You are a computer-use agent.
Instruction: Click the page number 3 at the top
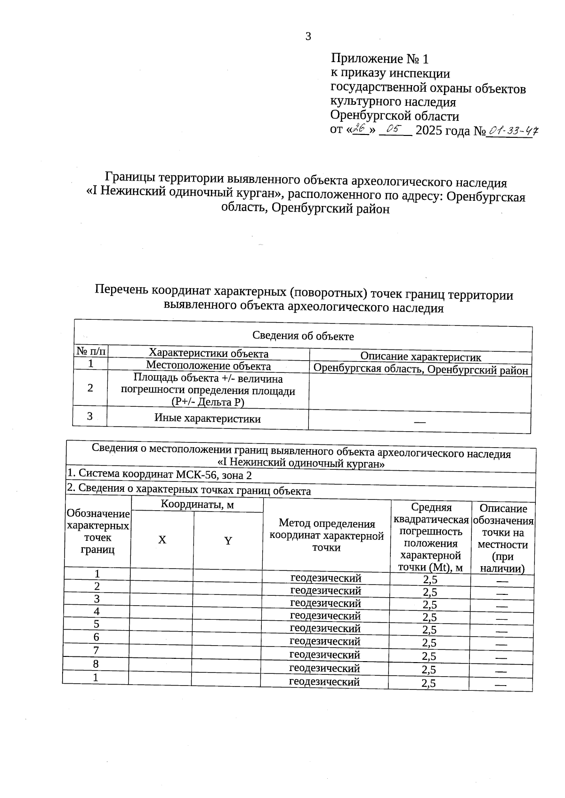click(x=308, y=37)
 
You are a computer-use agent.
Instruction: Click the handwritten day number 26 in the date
click(x=360, y=128)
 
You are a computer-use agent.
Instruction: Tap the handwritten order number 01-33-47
click(x=512, y=131)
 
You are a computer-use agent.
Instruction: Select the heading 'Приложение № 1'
click(x=380, y=59)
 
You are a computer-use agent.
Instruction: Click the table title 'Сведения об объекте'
click(x=303, y=336)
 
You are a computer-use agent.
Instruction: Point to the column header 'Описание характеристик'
click(x=420, y=357)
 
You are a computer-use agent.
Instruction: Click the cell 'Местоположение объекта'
click(x=208, y=365)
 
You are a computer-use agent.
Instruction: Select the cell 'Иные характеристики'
click(x=208, y=419)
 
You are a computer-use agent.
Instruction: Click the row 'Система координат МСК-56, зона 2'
click(x=160, y=475)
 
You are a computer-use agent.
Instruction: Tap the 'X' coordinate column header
click(x=162, y=540)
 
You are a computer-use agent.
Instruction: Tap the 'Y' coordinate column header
click(x=228, y=541)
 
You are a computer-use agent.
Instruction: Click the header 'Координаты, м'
click(x=197, y=505)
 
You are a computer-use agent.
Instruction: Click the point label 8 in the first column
click(x=96, y=664)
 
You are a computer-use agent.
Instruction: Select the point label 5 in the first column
click(x=97, y=624)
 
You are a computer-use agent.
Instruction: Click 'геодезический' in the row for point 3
click(x=325, y=603)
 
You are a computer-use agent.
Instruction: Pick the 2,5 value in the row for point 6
click(x=429, y=643)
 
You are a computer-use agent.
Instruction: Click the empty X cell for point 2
click(x=161, y=587)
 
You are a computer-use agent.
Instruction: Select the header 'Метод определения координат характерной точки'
click(x=326, y=535)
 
